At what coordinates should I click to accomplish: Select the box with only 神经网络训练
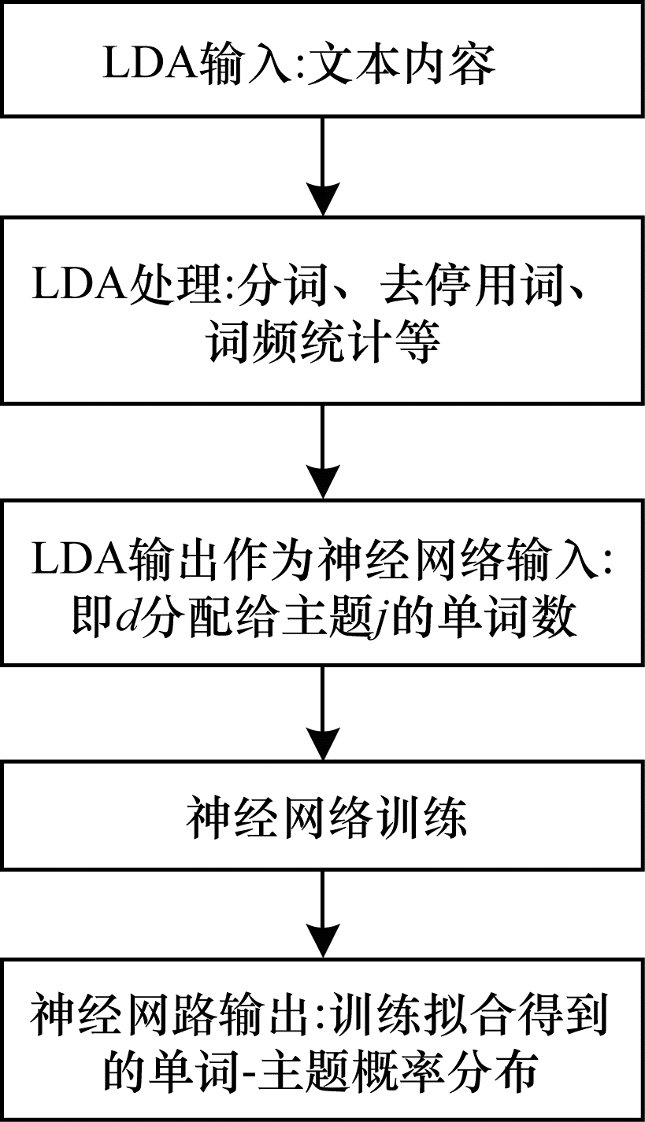coord(322,818)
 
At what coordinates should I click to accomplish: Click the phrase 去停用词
coord(466,287)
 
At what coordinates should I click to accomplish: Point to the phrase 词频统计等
coord(322,343)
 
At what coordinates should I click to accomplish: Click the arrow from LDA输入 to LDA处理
coord(322,165)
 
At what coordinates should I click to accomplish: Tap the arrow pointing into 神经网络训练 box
coord(322,712)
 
